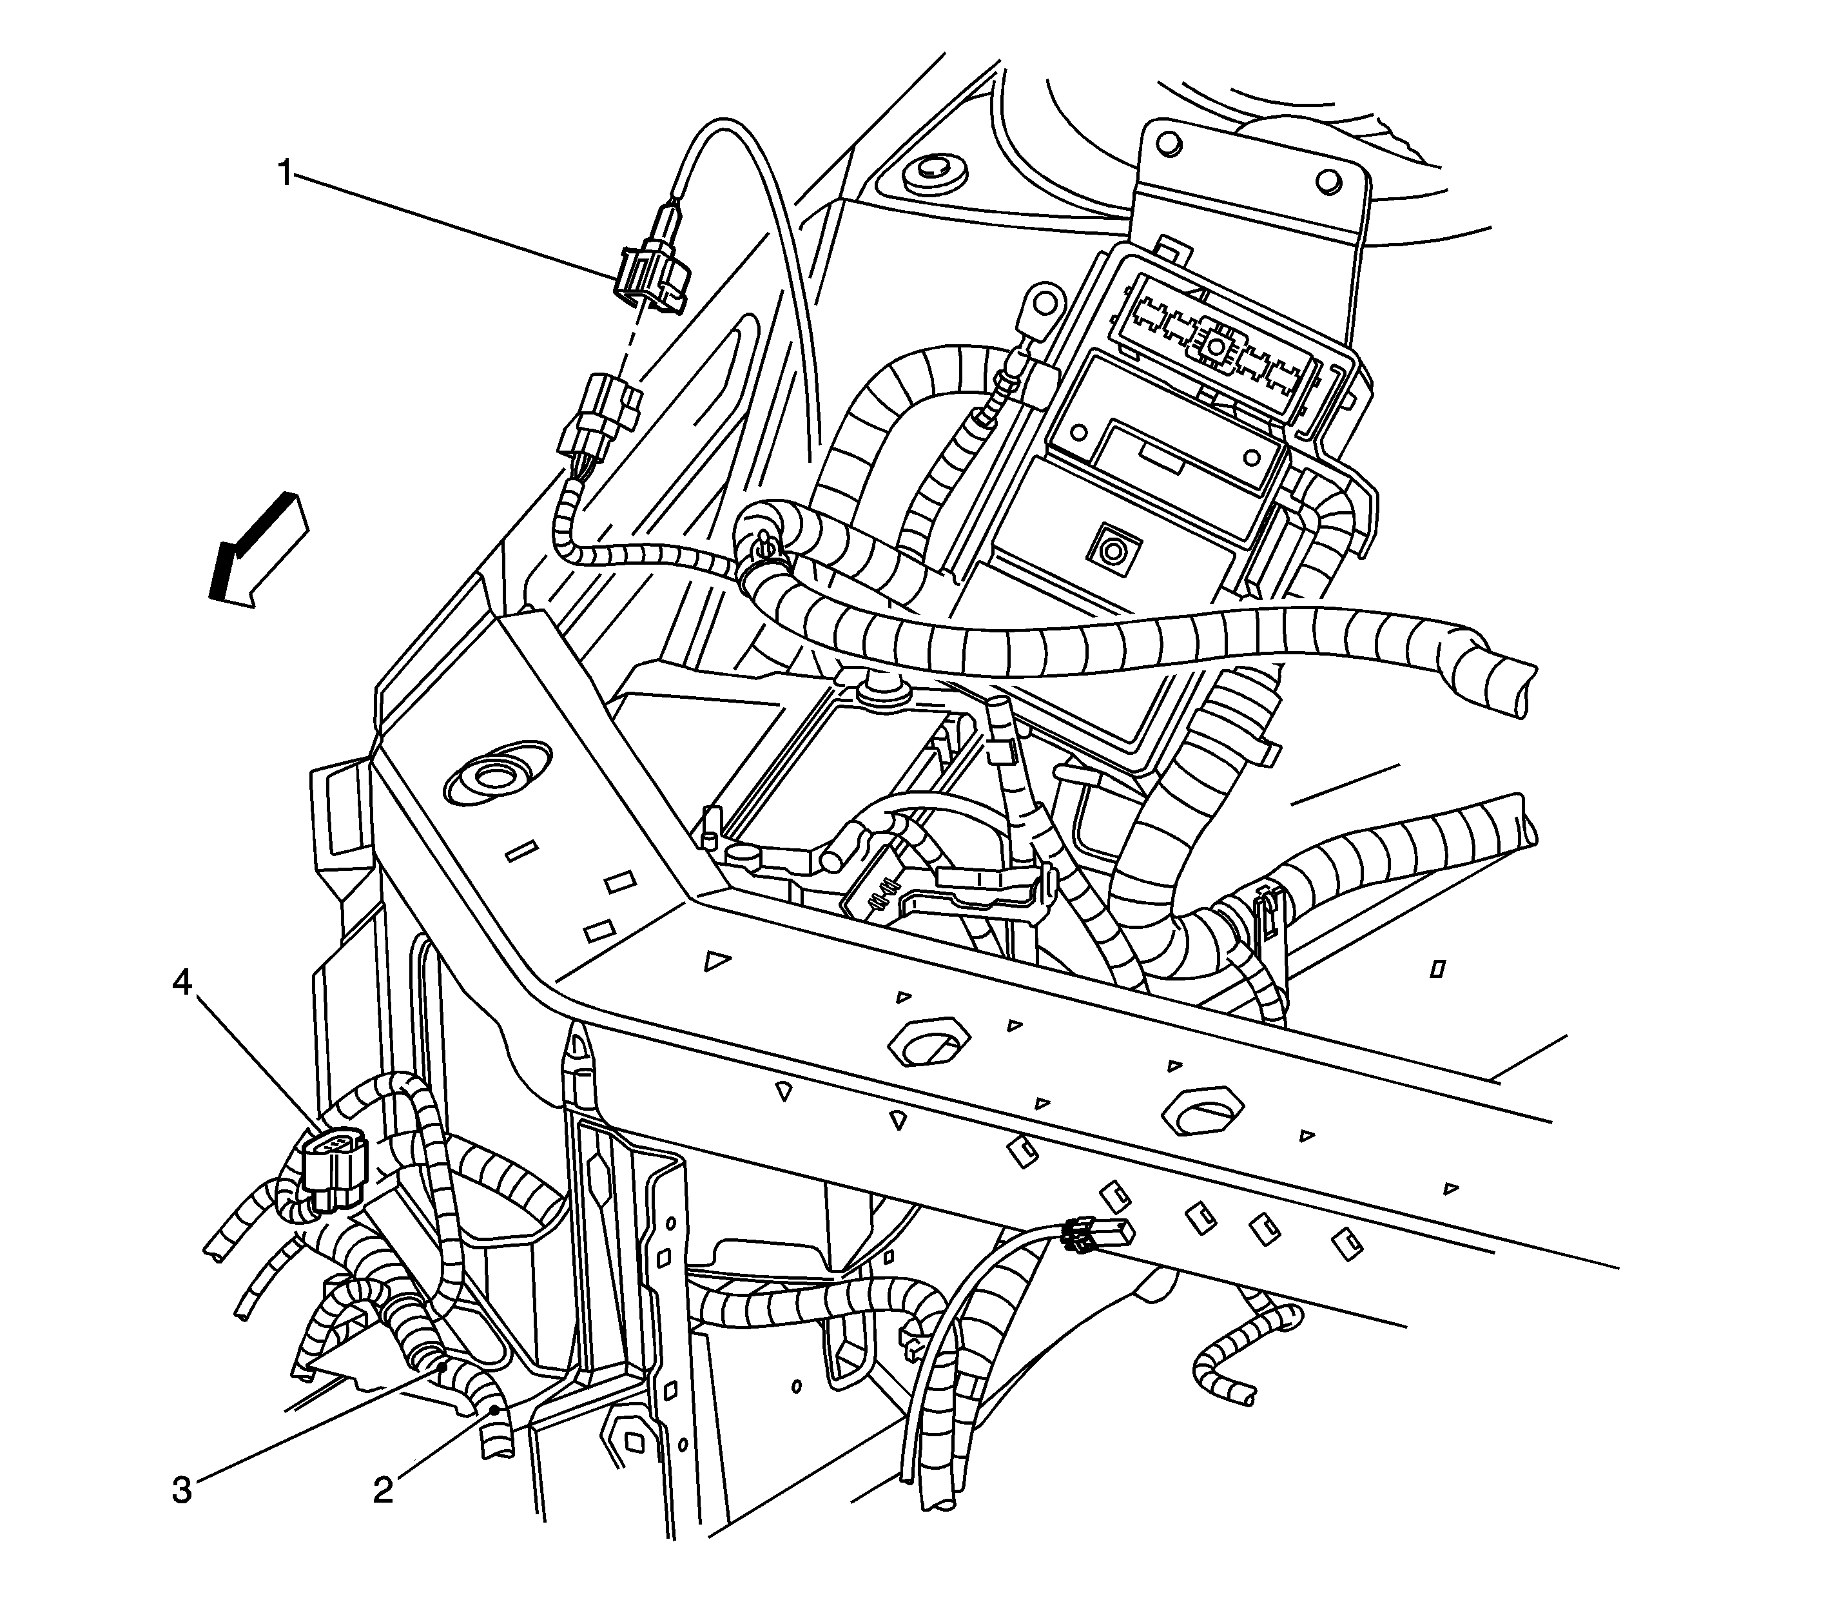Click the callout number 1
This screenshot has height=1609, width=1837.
coord(285,172)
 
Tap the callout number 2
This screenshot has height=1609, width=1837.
coord(384,1490)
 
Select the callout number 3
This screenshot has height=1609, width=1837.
coord(182,1490)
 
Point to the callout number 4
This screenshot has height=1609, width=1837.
coord(182,984)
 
